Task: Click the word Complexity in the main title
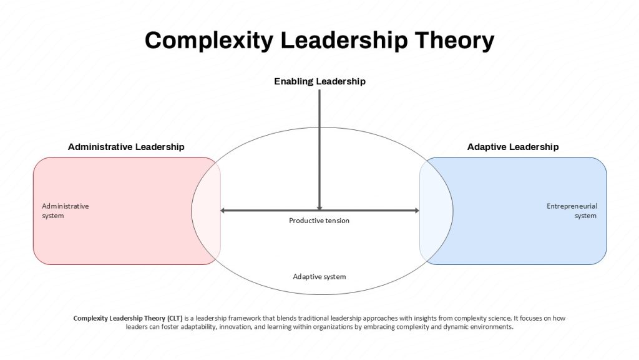click(209, 41)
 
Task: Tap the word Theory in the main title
click(454, 41)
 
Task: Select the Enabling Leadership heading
click(319, 82)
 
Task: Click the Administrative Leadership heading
click(126, 147)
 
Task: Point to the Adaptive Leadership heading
click(513, 147)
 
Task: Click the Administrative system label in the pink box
click(65, 211)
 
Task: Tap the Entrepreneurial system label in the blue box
click(572, 211)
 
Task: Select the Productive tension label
click(319, 221)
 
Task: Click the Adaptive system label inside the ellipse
click(319, 277)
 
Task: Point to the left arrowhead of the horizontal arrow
click(223, 211)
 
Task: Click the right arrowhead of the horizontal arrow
click(417, 211)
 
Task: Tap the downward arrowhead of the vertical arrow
click(319, 207)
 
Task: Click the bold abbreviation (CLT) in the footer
click(175, 318)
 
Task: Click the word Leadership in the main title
click(344, 41)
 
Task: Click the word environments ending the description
click(492, 327)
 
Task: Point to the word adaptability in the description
click(198, 327)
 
